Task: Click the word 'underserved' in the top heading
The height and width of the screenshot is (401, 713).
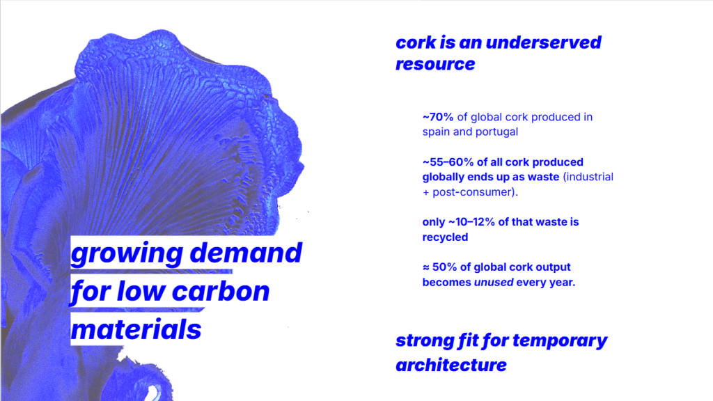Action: [x=543, y=42]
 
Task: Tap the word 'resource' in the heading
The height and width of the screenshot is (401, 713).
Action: [x=435, y=64]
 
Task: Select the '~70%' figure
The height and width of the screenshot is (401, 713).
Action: [x=438, y=117]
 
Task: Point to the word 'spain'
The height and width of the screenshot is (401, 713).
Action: [x=436, y=132]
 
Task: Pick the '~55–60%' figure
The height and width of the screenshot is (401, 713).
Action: [x=448, y=162]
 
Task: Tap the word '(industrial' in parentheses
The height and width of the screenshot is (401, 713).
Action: [x=588, y=177]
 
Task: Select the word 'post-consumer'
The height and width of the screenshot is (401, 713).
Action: [x=473, y=192]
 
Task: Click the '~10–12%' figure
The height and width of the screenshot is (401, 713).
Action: [x=471, y=222]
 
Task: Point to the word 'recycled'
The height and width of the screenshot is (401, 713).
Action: [x=445, y=237]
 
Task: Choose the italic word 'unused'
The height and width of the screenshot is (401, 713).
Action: [x=494, y=283]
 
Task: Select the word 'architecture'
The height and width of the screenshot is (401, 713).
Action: [x=451, y=365]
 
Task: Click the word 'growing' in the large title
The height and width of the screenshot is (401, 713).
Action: [x=127, y=253]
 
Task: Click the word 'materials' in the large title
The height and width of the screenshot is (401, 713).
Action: [x=136, y=329]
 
